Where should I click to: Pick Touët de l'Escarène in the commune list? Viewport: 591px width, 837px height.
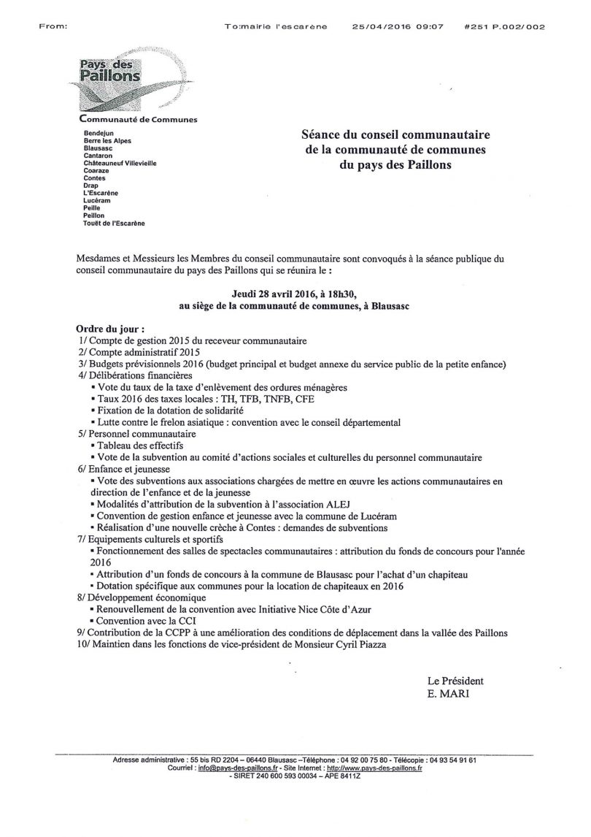point(115,223)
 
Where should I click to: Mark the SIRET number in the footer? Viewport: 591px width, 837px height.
point(296,776)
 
